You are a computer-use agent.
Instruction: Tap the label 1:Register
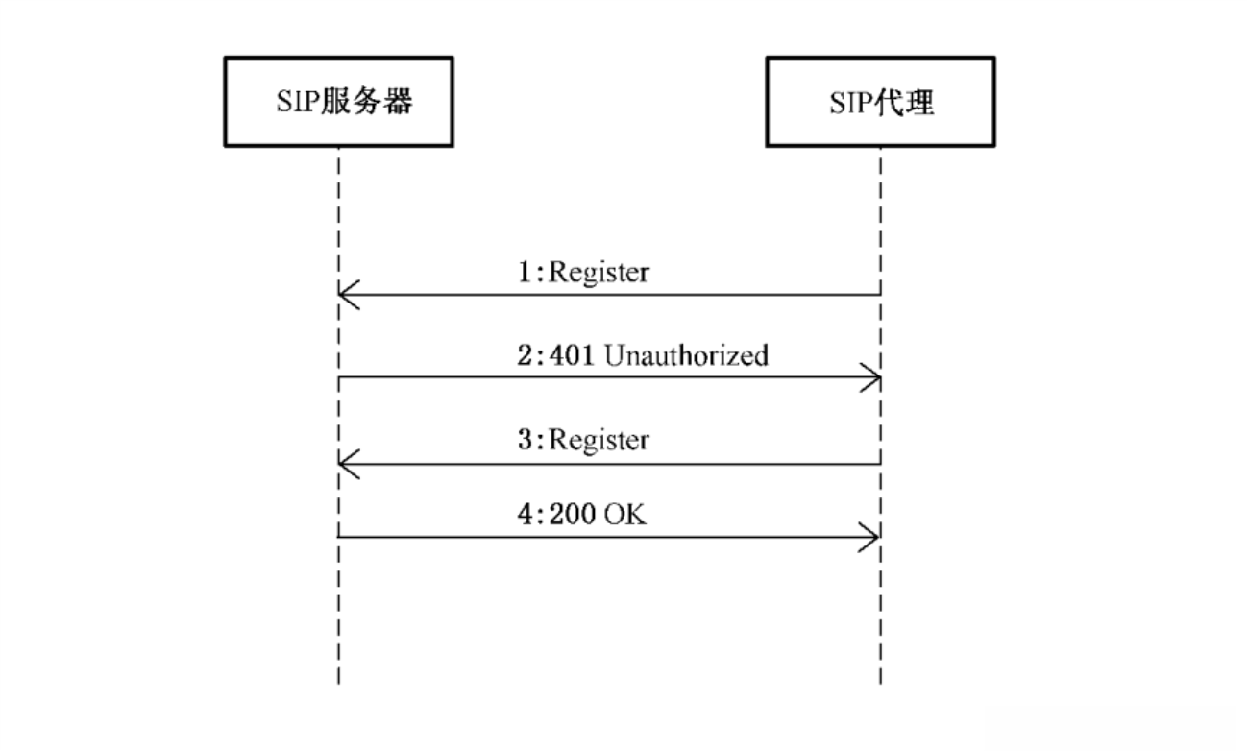(x=583, y=273)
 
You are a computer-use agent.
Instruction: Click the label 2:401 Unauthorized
(x=643, y=355)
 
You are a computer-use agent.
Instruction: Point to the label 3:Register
(x=583, y=440)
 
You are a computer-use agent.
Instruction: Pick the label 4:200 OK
(x=581, y=514)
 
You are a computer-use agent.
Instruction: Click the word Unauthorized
(x=686, y=355)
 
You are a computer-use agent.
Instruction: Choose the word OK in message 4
(x=625, y=514)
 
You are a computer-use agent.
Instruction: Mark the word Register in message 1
(x=599, y=273)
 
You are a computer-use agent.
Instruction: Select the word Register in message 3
(x=599, y=440)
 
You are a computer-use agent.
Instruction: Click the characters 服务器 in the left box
(x=368, y=102)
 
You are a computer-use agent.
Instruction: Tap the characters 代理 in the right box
(x=905, y=103)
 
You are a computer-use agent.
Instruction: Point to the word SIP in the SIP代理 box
(x=852, y=103)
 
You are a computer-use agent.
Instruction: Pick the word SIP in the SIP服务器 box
(x=299, y=102)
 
